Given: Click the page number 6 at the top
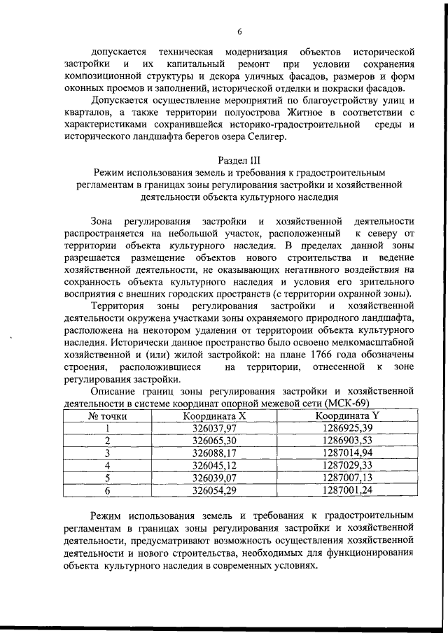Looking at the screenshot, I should pos(239,31).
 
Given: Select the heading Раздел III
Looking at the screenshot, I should pos(239,159).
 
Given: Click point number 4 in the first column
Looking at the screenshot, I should pos(107,465).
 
